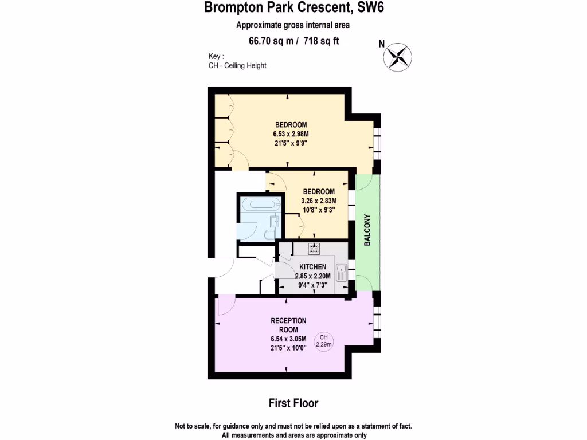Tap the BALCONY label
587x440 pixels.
pyautogui.click(x=367, y=230)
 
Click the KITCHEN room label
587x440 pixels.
pyautogui.click(x=312, y=267)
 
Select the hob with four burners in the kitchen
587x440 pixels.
pyautogui.click(x=315, y=249)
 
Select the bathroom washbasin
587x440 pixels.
pyautogui.click(x=275, y=221)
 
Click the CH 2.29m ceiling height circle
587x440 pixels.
pyautogui.click(x=324, y=340)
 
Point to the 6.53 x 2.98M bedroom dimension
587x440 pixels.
pyautogui.click(x=291, y=134)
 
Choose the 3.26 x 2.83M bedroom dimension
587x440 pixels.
pyautogui.click(x=318, y=201)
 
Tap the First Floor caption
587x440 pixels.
pyautogui.click(x=293, y=403)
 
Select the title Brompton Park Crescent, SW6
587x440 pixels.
pyautogui.click(x=293, y=9)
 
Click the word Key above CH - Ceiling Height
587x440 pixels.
pyautogui.click(x=216, y=56)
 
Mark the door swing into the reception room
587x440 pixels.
pyautogui.click(x=225, y=305)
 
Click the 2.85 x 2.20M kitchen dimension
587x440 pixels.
pyautogui.click(x=312, y=276)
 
